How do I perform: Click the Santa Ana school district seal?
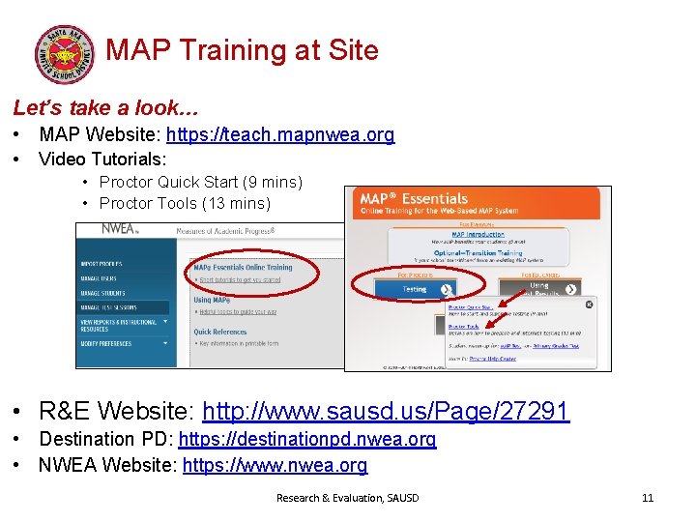tap(65, 53)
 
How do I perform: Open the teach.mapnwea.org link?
tap(281, 135)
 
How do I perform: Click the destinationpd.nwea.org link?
tap(307, 440)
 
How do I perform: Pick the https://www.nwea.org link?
tap(275, 465)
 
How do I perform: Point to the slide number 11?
tap(648, 498)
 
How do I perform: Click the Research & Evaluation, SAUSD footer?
tap(348, 498)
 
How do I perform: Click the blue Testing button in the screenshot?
tap(415, 288)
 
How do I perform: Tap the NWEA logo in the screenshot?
tap(120, 230)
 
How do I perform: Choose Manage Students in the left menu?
tap(103, 292)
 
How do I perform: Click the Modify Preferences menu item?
tap(106, 343)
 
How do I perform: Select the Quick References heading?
tap(219, 332)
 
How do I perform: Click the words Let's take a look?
tap(105, 107)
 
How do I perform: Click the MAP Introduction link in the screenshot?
tap(478, 234)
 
